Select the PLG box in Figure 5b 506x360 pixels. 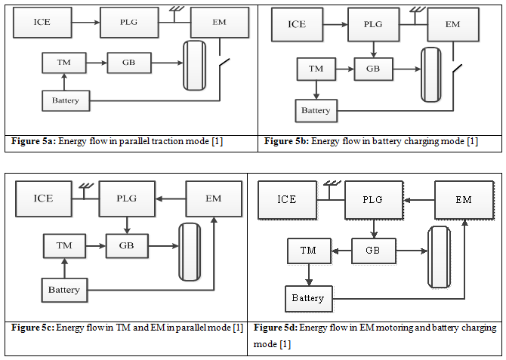tap(374, 24)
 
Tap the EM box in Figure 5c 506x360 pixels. tap(214, 198)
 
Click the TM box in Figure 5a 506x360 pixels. tap(64, 63)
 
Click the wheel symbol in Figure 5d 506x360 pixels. tap(440, 257)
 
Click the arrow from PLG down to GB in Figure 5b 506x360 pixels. tap(373, 50)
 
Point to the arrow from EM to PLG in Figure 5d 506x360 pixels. tap(419, 200)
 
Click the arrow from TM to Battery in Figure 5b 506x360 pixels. tap(316, 90)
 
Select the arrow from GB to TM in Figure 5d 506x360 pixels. tap(341, 251)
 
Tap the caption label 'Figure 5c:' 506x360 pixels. tap(34, 327)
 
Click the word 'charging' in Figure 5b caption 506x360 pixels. tap(416, 141)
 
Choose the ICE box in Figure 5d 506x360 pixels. tap(286, 200)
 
